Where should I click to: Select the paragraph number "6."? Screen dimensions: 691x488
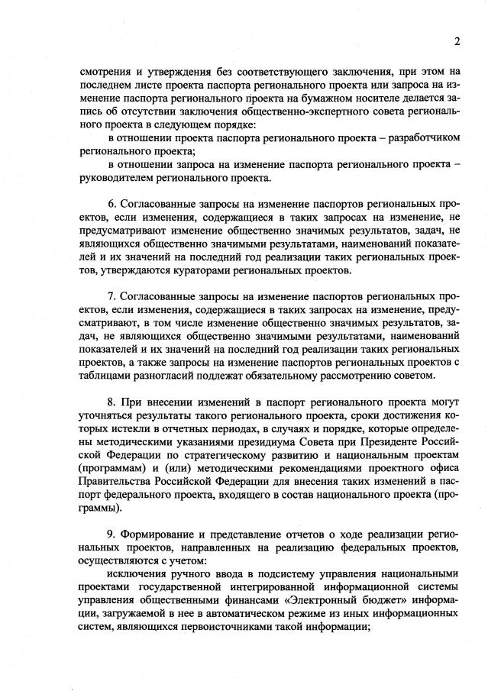[x=113, y=204]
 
